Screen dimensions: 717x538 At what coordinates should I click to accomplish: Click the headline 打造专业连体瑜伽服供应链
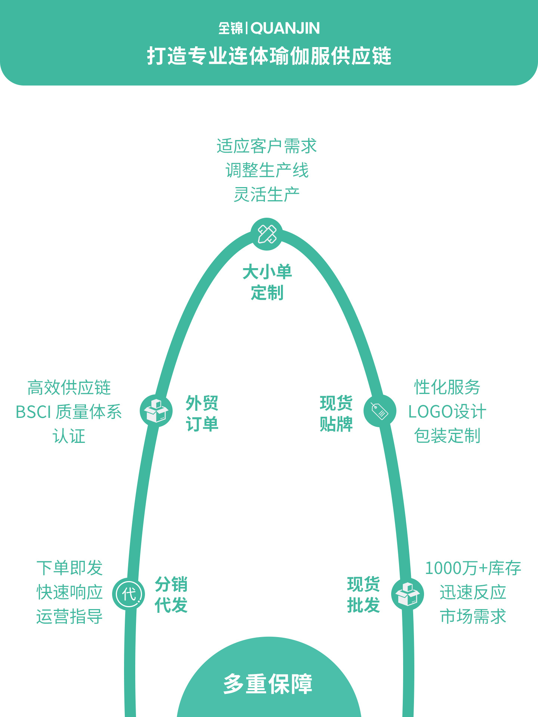pyautogui.click(x=269, y=56)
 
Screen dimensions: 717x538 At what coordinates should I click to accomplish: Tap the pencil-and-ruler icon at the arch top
pyautogui.click(x=267, y=234)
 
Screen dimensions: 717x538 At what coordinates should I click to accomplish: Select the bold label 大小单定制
pyautogui.click(x=267, y=282)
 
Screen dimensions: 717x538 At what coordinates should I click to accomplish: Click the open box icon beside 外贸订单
pyautogui.click(x=156, y=410)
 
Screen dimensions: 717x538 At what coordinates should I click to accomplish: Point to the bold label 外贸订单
pyautogui.click(x=202, y=414)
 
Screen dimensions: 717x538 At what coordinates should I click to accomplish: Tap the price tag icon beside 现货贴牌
pyautogui.click(x=380, y=411)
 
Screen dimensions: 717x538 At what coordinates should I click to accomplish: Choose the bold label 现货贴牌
pyautogui.click(x=336, y=414)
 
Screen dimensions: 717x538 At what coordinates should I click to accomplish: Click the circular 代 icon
pyautogui.click(x=129, y=594)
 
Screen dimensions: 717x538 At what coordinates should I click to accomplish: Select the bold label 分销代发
pyautogui.click(x=171, y=595)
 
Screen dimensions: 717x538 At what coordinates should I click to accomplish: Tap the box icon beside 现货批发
pyautogui.click(x=408, y=594)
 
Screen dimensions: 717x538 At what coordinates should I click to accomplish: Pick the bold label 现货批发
pyautogui.click(x=364, y=595)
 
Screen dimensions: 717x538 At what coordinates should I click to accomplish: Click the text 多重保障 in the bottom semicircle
pyautogui.click(x=268, y=684)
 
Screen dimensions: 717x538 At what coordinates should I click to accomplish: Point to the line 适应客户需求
pyautogui.click(x=267, y=146)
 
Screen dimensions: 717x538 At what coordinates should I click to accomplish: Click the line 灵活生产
pyautogui.click(x=267, y=195)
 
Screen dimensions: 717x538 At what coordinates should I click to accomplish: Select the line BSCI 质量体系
pyautogui.click(x=69, y=412)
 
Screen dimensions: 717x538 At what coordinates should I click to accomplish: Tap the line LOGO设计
pyautogui.click(x=447, y=412)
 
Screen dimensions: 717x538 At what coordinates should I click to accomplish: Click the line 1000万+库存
pyautogui.click(x=473, y=568)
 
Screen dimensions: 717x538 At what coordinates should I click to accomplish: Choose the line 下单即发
pyautogui.click(x=69, y=568)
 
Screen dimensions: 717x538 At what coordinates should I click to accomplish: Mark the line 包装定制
pyautogui.click(x=447, y=436)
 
